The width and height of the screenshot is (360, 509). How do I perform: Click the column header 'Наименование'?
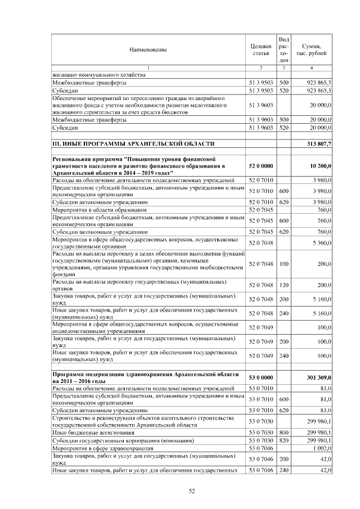(x=148, y=50)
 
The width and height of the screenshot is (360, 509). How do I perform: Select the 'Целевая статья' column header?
(x=260, y=49)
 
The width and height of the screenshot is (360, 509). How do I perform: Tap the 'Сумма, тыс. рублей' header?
(x=312, y=49)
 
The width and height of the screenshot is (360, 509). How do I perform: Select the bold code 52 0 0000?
(x=261, y=166)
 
